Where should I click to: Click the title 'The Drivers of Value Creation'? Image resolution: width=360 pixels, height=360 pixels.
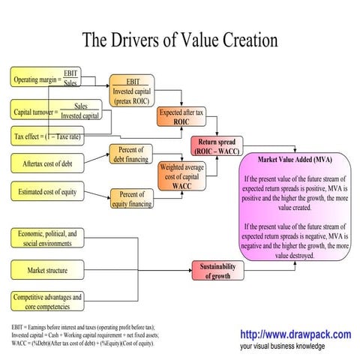pyautogui.click(x=179, y=38)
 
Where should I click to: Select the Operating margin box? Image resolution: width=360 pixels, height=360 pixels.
pyautogui.click(x=45, y=77)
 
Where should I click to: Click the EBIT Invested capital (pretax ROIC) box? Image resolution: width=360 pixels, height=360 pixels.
pyautogui.click(x=131, y=90)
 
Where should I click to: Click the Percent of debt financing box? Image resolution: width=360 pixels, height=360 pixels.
pyautogui.click(x=131, y=154)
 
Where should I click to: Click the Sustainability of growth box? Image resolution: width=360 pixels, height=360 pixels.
pyautogui.click(x=217, y=271)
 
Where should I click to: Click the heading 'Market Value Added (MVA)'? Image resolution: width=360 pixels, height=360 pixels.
pyautogui.click(x=295, y=160)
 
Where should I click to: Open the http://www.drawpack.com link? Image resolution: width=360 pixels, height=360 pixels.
pyautogui.click(x=295, y=334)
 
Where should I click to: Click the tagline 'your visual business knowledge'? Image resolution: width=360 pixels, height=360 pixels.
pyautogui.click(x=283, y=346)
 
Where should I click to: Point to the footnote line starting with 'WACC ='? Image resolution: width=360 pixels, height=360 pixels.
pyautogui.click(x=82, y=343)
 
